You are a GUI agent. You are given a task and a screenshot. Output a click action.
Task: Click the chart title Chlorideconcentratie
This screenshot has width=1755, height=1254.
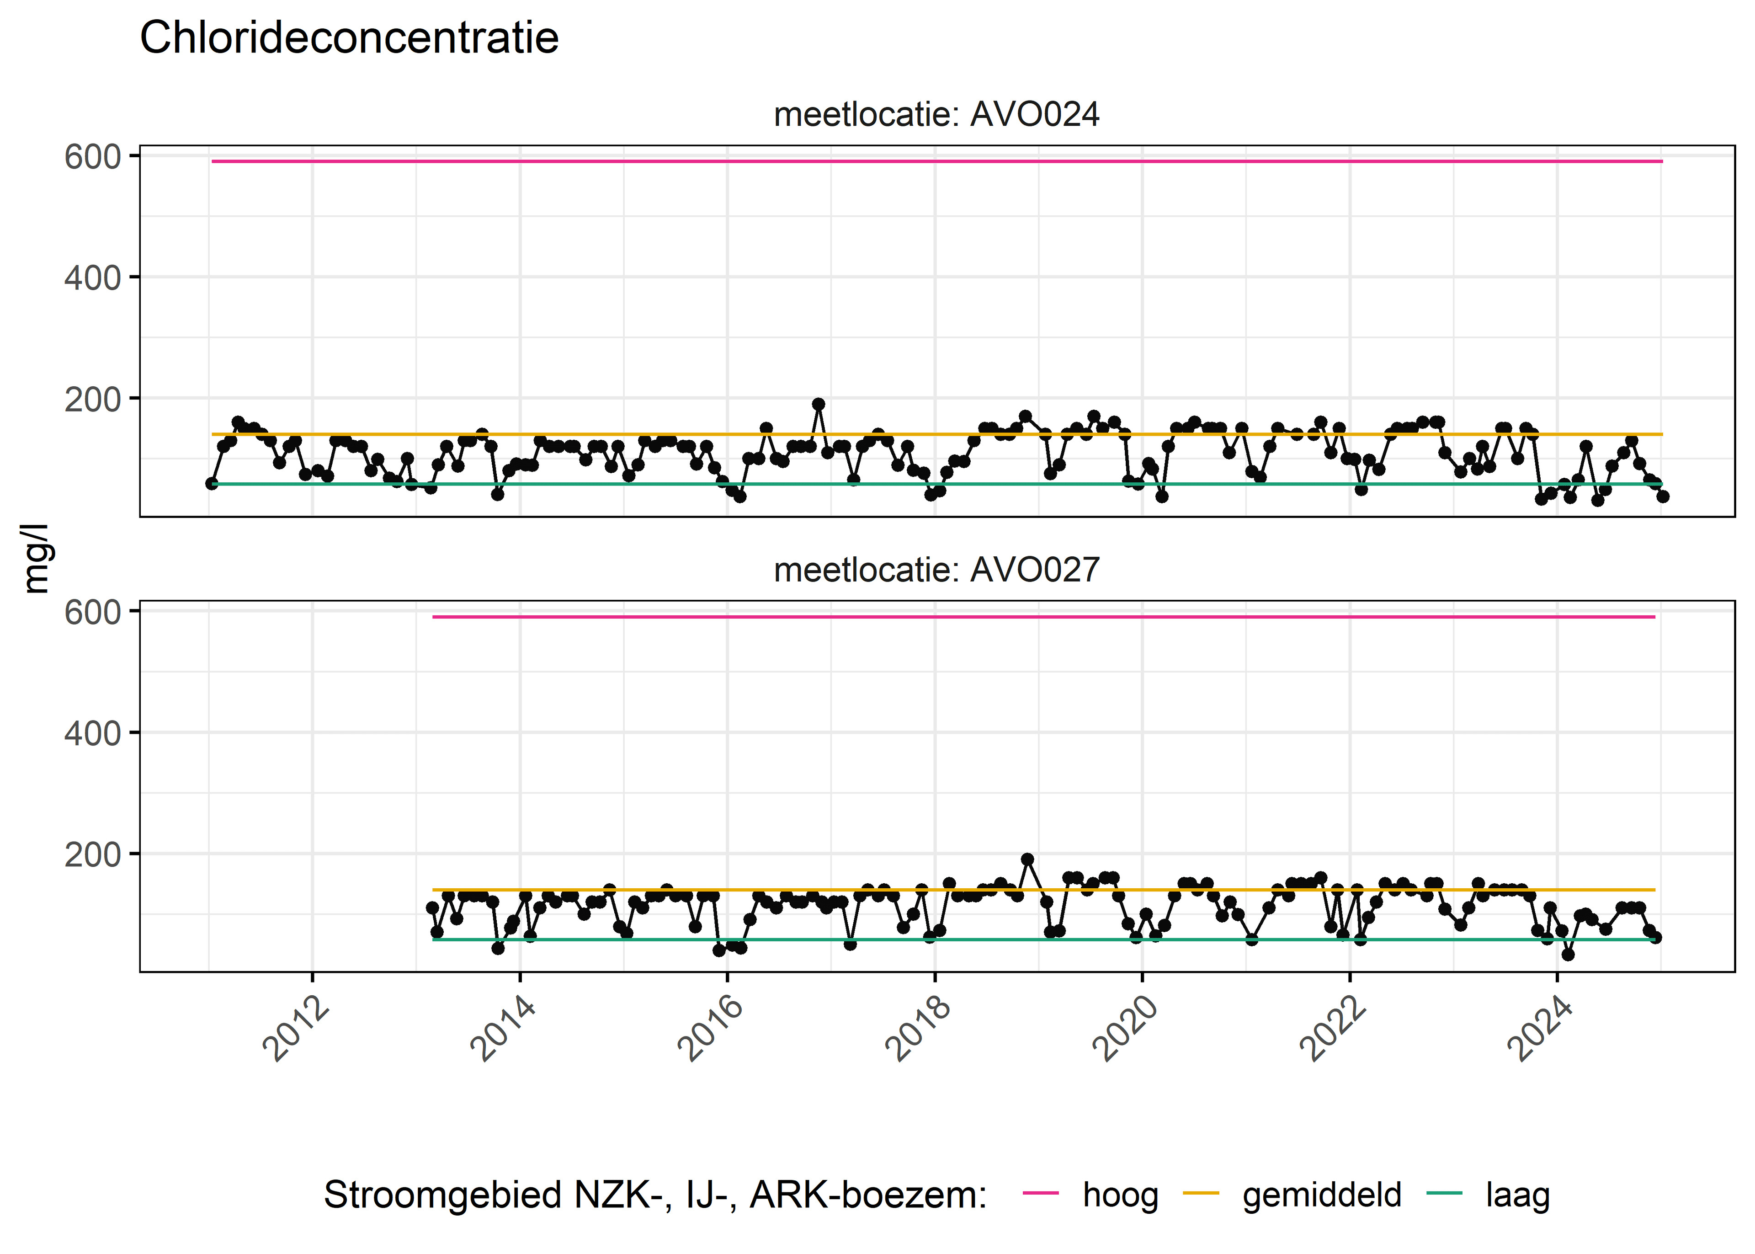(349, 38)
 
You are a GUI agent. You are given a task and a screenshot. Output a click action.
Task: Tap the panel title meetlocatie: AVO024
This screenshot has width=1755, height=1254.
(936, 114)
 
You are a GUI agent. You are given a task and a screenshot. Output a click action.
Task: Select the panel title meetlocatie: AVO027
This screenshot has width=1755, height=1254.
(936, 570)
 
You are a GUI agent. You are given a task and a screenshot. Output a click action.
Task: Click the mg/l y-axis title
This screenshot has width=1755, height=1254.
(36, 558)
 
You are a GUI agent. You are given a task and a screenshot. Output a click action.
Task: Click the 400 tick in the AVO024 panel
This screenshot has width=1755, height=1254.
(93, 278)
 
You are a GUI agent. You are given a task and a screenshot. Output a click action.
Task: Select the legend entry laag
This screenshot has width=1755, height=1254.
(1517, 1195)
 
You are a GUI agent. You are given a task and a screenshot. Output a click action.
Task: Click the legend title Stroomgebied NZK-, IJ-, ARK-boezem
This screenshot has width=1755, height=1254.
(655, 1195)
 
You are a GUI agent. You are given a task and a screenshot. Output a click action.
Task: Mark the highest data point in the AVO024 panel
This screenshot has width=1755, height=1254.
(818, 404)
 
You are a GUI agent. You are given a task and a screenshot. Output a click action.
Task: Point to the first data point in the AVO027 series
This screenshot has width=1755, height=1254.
(432, 908)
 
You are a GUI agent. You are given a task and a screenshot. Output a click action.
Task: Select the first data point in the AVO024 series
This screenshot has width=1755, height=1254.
(212, 483)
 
